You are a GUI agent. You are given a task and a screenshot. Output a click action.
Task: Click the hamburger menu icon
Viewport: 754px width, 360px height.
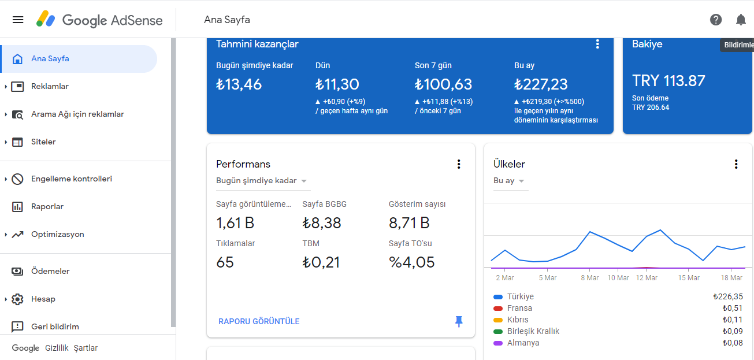(x=18, y=20)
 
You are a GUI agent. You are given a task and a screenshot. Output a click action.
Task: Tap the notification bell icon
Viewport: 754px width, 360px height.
(x=741, y=20)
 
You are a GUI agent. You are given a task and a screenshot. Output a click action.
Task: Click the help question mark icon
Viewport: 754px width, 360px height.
(x=716, y=20)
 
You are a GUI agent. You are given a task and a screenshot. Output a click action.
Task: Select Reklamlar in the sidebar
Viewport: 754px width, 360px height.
(x=50, y=87)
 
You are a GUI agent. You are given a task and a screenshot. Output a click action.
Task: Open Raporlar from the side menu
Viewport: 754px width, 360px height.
(x=47, y=206)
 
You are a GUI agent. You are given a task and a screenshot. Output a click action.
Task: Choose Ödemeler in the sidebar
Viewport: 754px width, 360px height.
(x=50, y=271)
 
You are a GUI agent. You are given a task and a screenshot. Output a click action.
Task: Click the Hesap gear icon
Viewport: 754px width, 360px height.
(x=17, y=299)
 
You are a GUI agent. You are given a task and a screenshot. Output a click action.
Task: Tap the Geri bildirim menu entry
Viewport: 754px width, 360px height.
(x=55, y=326)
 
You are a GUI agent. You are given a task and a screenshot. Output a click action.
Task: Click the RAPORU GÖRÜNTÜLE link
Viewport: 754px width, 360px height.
(x=259, y=322)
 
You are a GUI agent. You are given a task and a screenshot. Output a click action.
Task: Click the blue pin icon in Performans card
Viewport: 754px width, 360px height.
(x=459, y=322)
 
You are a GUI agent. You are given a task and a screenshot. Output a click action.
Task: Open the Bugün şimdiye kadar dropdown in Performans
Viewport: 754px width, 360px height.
(x=261, y=181)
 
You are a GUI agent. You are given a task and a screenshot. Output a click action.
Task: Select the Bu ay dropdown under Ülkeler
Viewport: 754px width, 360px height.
(x=508, y=181)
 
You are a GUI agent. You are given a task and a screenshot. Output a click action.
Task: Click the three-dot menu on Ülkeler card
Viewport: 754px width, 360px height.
(x=736, y=164)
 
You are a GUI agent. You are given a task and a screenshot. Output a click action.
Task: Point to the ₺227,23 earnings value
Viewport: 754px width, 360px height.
(x=541, y=84)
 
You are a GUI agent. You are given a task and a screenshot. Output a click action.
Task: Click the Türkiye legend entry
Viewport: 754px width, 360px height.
(x=521, y=296)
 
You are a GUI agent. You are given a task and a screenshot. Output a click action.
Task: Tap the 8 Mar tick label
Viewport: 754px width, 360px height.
(x=590, y=278)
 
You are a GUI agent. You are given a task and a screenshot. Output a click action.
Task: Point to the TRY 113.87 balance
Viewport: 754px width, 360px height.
(x=668, y=81)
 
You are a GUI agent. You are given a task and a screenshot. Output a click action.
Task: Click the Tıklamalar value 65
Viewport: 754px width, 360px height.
(x=225, y=262)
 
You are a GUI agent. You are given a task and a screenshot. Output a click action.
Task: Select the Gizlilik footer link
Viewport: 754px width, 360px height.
(x=57, y=348)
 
